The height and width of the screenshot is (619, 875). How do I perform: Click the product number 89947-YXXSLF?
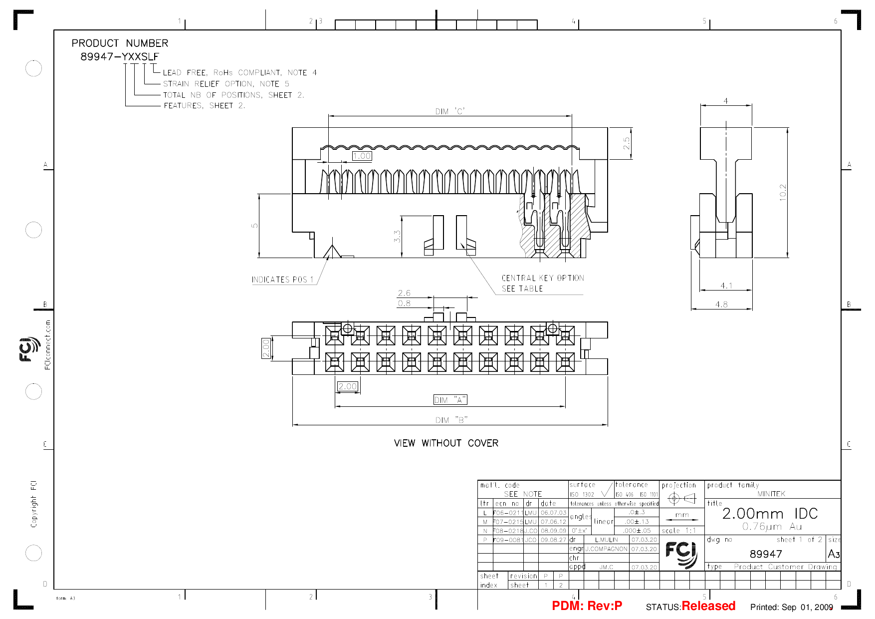pos(119,57)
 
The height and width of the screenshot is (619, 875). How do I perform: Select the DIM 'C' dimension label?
pos(450,111)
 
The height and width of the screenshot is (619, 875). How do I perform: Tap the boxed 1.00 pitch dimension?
pos(362,156)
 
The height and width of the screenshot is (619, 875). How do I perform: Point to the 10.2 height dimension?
pos(782,193)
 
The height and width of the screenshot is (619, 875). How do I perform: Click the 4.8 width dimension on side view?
pos(721,304)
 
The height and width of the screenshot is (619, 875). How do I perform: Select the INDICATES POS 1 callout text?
pos(282,280)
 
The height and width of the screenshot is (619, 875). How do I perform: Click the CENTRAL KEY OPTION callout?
pos(542,278)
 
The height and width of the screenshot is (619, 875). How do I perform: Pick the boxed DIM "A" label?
pos(450,399)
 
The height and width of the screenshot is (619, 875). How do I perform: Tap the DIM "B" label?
pos(451,420)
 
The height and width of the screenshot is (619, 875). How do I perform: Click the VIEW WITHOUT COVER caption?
pos(446,443)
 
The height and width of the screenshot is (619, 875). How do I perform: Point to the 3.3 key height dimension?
pos(397,236)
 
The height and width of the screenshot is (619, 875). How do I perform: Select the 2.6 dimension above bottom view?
pos(404,293)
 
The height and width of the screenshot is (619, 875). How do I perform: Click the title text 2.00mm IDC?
pos(770,513)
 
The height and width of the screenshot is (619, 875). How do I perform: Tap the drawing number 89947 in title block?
pos(766,554)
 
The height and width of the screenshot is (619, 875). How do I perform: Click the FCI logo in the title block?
pos(681,554)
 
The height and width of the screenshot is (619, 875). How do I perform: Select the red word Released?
pos(708,606)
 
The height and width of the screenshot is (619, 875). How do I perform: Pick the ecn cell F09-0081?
pos(508,540)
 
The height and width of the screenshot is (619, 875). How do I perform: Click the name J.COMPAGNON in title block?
pos(606,549)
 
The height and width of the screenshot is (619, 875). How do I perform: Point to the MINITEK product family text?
pos(771,494)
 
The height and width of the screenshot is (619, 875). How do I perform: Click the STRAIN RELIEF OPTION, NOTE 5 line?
pos(226,84)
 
